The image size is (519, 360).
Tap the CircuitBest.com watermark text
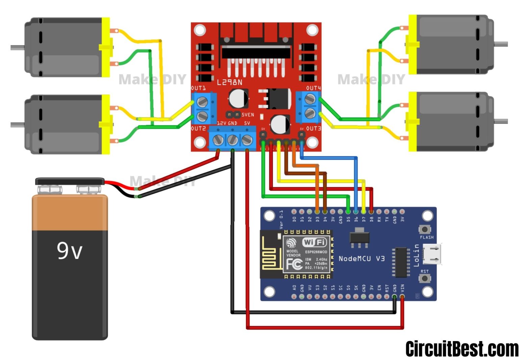click(x=462, y=349)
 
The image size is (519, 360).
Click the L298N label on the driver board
click(x=230, y=82)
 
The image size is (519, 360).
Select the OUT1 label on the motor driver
click(x=198, y=88)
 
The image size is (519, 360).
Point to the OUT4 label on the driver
click(x=313, y=88)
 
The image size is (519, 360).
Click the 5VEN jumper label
click(x=248, y=115)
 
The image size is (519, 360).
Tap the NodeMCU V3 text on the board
click(x=362, y=259)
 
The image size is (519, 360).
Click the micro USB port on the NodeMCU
click(x=434, y=254)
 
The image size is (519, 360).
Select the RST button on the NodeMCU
click(x=424, y=278)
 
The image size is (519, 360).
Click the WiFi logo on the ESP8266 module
click(x=314, y=242)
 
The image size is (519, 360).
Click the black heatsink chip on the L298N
click(x=256, y=52)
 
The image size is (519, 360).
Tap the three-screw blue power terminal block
click(x=232, y=139)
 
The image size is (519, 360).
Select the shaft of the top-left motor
click(x=18, y=48)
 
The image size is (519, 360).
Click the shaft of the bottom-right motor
click(x=501, y=121)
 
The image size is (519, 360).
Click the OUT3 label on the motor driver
click(x=313, y=129)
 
